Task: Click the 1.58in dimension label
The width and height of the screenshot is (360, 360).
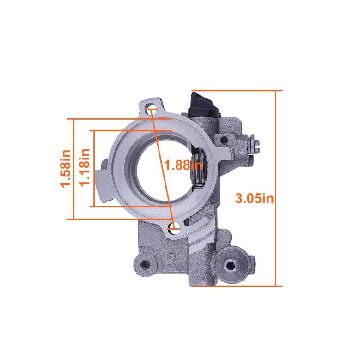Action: (66, 169)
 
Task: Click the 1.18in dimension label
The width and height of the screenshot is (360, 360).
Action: (84, 168)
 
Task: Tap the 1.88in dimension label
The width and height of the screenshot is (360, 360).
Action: (183, 165)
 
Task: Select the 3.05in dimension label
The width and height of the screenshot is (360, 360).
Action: (255, 198)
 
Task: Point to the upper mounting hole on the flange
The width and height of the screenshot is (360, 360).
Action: (151, 108)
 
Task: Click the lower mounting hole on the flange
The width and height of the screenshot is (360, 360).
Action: (174, 228)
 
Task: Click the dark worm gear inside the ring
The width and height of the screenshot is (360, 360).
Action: (198, 168)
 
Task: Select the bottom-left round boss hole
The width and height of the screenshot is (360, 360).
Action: (145, 265)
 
